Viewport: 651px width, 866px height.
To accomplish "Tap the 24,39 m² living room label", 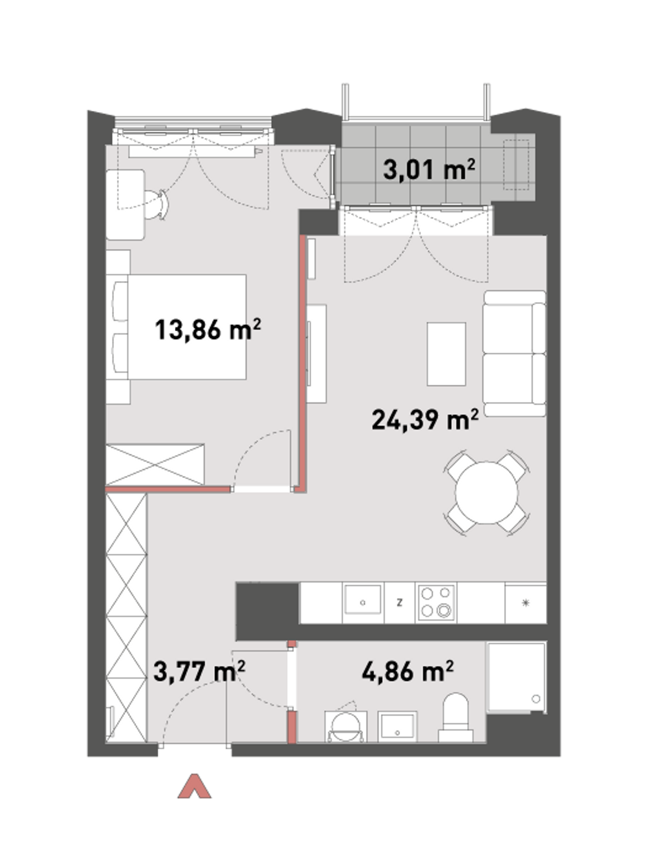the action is pos(425,419).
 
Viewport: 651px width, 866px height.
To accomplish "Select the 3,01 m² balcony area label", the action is pos(429,169).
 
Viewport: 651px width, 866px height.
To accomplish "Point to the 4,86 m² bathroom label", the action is pos(408,672).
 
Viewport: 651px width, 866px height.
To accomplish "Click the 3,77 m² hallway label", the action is pos(199,672).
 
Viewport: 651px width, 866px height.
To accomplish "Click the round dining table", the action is pos(486,493).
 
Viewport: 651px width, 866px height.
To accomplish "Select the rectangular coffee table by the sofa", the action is pos(446,354).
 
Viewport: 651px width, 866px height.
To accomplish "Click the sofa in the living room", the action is pos(514,353).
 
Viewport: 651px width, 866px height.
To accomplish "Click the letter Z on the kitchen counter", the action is pos(400,602).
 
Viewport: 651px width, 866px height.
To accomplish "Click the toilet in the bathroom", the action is pos(456,718).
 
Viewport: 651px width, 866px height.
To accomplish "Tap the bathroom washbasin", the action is pos(397,726).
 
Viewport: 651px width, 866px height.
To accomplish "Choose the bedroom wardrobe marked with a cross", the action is pos(155,464).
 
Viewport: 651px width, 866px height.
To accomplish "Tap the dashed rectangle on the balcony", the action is pos(516,165).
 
